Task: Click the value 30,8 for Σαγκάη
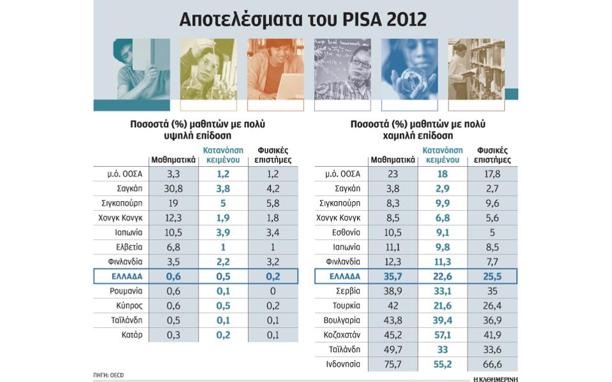click(167, 188)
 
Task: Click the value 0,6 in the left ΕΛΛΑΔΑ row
click(167, 276)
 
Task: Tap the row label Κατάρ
click(132, 334)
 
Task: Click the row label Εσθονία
click(348, 233)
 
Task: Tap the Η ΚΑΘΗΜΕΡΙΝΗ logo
click(495, 378)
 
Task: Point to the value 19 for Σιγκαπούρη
click(167, 203)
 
